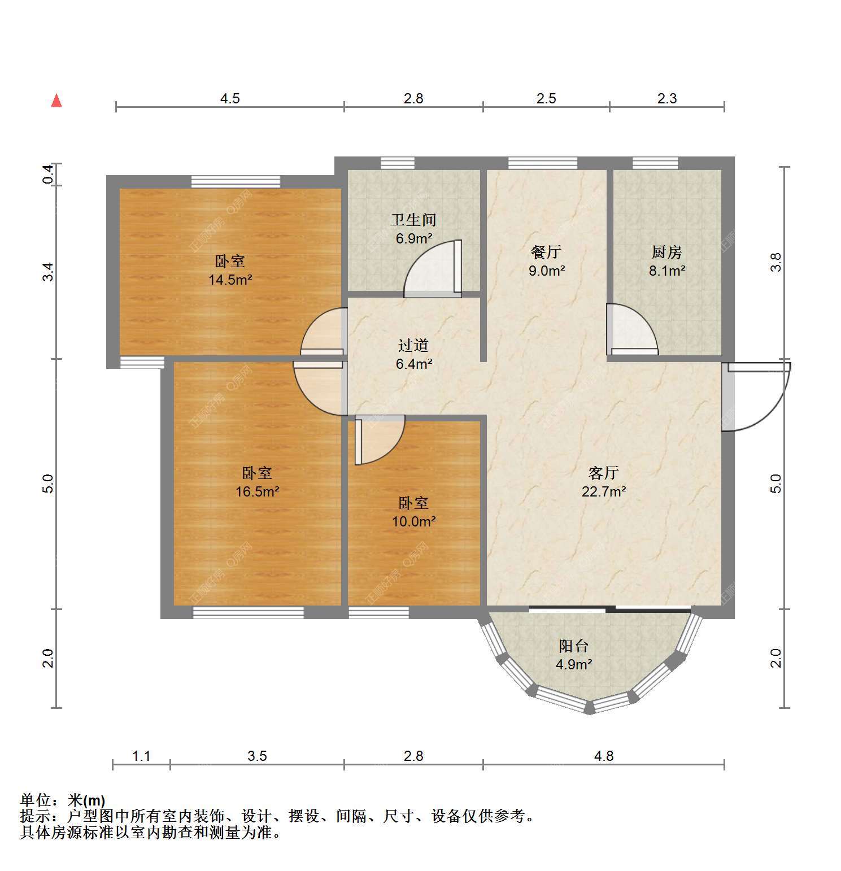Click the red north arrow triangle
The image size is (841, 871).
(x=56, y=101)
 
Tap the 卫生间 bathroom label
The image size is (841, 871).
(x=414, y=219)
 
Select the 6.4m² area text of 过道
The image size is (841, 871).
(x=414, y=364)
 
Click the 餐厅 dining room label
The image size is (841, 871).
(x=546, y=252)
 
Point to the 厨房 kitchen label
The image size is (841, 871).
(x=667, y=252)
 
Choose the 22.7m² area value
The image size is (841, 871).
(x=604, y=491)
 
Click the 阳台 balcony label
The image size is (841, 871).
(x=574, y=646)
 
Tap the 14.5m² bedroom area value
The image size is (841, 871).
(x=230, y=280)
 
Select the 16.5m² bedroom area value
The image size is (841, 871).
(x=258, y=491)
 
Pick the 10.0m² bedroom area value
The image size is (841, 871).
(x=414, y=521)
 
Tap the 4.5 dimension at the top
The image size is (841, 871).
(x=230, y=99)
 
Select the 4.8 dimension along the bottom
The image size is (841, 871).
(x=604, y=756)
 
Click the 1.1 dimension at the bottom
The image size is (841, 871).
(x=141, y=756)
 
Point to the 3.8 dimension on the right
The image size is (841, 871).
(x=776, y=262)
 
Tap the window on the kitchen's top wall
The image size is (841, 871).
(x=655, y=163)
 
